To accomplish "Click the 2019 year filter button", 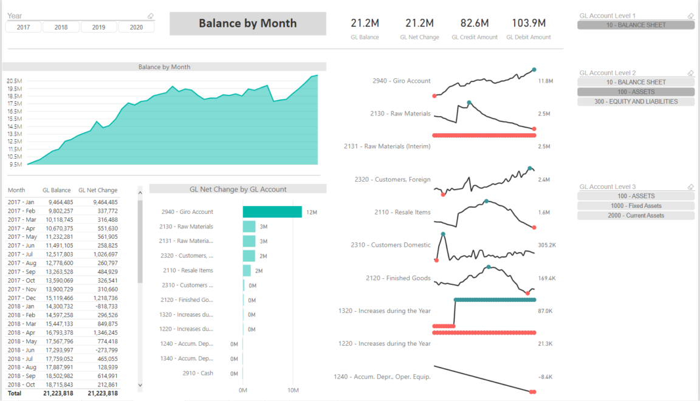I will point(98,27).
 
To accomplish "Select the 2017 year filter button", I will point(24,27).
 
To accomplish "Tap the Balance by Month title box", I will point(247,24).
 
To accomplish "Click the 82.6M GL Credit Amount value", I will point(475,23).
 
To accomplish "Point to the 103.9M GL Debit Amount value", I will point(529,23).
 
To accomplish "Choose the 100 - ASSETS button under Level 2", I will point(636,92).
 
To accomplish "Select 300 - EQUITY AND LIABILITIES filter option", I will point(636,101).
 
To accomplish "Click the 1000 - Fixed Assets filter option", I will point(636,206).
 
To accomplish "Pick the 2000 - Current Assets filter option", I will point(636,216).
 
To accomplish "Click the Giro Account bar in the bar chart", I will point(272,212).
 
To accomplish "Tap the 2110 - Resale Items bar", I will point(247,270).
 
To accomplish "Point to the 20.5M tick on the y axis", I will point(15,81).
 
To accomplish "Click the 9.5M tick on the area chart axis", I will point(16,164).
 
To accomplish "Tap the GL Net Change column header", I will point(98,190).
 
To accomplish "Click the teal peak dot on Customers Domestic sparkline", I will point(443,234).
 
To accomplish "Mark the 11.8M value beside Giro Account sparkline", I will point(545,81).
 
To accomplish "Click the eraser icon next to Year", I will point(151,16).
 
